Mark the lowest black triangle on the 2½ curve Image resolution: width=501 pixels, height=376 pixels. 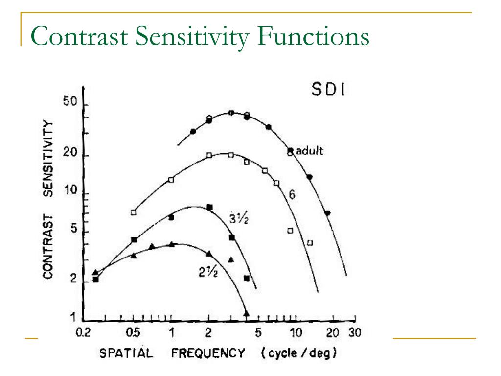click(x=246, y=312)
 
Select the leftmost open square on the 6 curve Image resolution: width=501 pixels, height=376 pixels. click(x=133, y=212)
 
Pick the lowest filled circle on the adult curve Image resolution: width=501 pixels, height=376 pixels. click(x=327, y=213)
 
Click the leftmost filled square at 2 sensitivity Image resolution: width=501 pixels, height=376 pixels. click(x=96, y=280)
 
